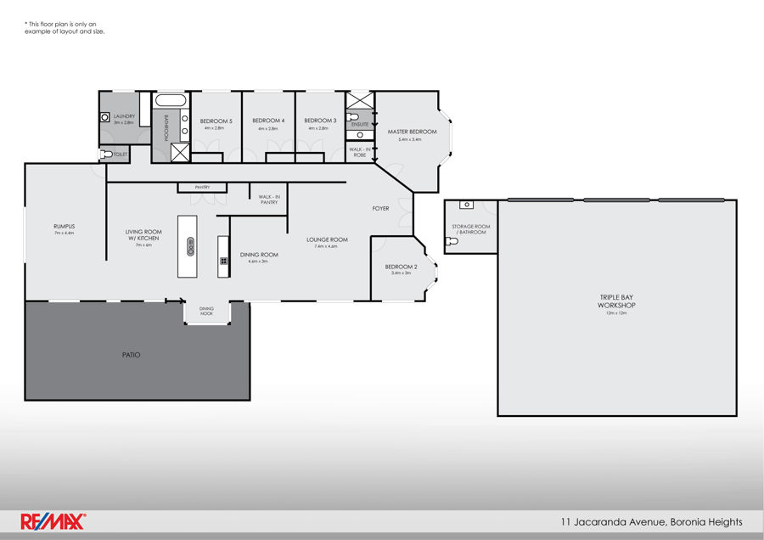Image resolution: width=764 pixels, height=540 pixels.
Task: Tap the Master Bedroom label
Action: point(412,132)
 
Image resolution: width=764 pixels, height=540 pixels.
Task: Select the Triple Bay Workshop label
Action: point(616,301)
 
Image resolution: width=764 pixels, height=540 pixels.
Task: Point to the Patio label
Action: point(131,354)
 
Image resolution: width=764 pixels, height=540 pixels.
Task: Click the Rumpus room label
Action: point(65,227)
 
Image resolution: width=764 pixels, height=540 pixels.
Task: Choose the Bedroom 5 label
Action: point(216,121)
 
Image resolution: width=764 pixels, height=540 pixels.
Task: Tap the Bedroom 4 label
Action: point(268,121)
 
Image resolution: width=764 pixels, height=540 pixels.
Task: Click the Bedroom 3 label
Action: point(320,121)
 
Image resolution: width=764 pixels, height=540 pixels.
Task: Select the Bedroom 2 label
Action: point(401,267)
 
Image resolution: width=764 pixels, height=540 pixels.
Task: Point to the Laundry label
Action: point(124,116)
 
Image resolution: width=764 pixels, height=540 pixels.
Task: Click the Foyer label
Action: point(380,208)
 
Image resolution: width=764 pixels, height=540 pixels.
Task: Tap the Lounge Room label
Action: point(327,239)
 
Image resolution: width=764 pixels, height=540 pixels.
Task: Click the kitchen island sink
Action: point(190,247)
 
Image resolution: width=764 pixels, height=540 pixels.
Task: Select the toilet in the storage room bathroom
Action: point(452,241)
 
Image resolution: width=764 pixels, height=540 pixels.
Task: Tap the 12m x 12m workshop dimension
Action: point(616,313)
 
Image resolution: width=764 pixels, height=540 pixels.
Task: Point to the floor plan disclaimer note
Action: point(65,28)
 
